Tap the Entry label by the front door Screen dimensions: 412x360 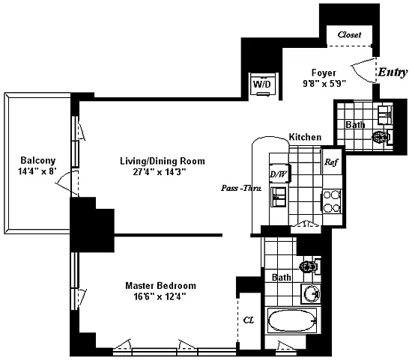coord(393,72)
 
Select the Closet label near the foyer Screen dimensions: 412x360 coord(350,34)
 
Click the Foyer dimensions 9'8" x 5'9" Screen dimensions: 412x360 coord(324,84)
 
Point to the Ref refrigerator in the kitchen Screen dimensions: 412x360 coord(332,162)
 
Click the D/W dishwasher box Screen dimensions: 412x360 coord(279,174)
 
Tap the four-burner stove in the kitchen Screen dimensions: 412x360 coord(332,201)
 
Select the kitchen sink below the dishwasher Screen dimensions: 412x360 coord(279,197)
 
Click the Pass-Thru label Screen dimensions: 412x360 coord(241,189)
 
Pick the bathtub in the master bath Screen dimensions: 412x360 coord(292,321)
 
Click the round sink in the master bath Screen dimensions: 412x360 coord(312,293)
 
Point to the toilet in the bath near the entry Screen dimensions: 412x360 coord(383,137)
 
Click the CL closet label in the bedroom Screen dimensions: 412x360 coord(248,320)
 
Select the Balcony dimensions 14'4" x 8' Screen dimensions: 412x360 coord(37,171)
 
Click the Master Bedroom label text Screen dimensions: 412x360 coord(160,285)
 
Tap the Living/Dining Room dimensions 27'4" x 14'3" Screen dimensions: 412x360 coord(160,171)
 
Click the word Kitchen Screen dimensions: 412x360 coord(305,137)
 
